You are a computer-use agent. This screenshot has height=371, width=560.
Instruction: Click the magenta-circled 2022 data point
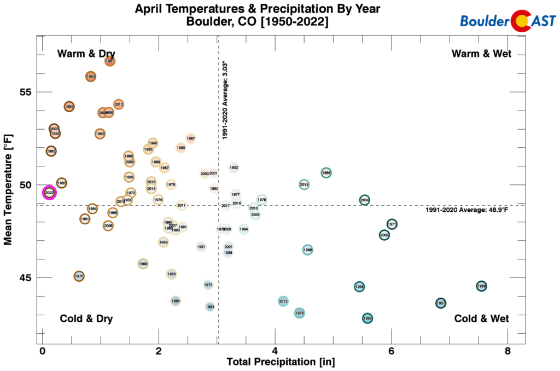[x=49, y=193]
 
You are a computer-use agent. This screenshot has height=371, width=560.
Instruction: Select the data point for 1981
[x=110, y=61]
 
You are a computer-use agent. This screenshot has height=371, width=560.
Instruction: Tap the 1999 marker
[x=481, y=286]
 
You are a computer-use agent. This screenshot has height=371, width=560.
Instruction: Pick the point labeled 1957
[x=441, y=303]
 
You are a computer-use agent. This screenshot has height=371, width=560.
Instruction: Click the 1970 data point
[x=79, y=276]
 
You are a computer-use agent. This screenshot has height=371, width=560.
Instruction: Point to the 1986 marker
[x=326, y=173]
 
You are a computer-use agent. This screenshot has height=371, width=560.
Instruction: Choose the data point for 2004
[x=365, y=200]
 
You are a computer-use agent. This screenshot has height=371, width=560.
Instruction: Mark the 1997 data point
[x=367, y=318]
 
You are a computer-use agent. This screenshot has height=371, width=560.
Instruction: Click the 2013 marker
[x=283, y=302]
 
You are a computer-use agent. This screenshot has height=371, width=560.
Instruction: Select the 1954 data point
[x=91, y=77]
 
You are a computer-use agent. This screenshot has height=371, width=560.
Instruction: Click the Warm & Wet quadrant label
[x=481, y=54]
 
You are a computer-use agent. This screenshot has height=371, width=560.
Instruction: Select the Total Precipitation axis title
[x=281, y=362]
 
